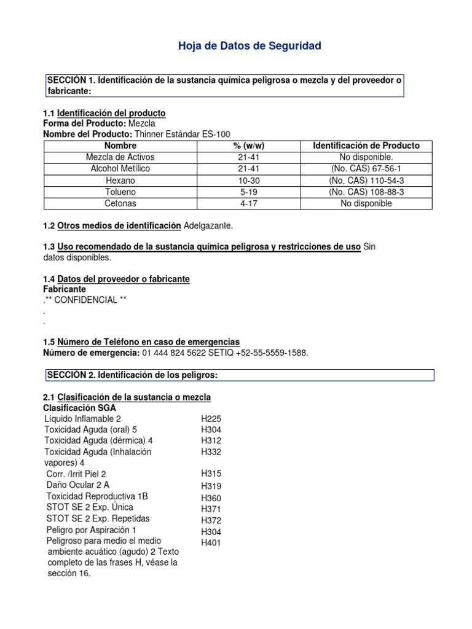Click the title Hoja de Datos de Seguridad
click(250, 46)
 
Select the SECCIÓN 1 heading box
click(225, 85)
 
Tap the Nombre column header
click(120, 146)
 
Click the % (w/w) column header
click(249, 146)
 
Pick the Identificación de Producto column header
click(366, 146)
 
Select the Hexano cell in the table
click(120, 181)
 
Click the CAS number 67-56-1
click(366, 169)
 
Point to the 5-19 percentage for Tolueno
click(249, 192)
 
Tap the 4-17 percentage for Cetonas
click(249, 203)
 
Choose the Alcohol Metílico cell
click(120, 169)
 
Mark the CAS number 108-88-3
click(366, 192)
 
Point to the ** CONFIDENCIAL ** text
click(89, 300)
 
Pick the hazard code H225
click(211, 418)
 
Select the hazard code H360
click(211, 498)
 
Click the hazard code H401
click(211, 542)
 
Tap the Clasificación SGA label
click(79, 408)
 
